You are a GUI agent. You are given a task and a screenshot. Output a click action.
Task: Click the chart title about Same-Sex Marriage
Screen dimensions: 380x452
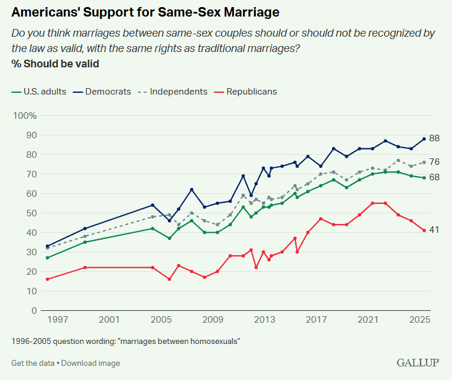pyautogui.click(x=145, y=12)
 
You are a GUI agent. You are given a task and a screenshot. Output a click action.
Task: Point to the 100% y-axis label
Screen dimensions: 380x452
pyautogui.click(x=25, y=115)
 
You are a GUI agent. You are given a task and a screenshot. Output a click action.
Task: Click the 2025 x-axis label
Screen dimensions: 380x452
pyautogui.click(x=419, y=320)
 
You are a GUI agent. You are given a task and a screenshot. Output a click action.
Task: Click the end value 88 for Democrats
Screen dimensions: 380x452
pyautogui.click(x=434, y=139)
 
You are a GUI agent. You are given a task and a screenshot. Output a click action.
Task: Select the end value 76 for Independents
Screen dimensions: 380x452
pyautogui.click(x=434, y=162)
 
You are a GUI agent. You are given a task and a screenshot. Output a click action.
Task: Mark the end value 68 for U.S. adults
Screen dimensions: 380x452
pyautogui.click(x=434, y=177)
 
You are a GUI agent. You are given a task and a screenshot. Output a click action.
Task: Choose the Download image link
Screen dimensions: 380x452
pyautogui.click(x=90, y=363)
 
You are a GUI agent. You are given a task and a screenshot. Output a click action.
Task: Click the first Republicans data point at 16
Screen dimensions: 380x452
pyautogui.click(x=47, y=279)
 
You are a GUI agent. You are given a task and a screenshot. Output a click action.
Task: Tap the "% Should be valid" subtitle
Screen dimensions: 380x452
pyautogui.click(x=55, y=64)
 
